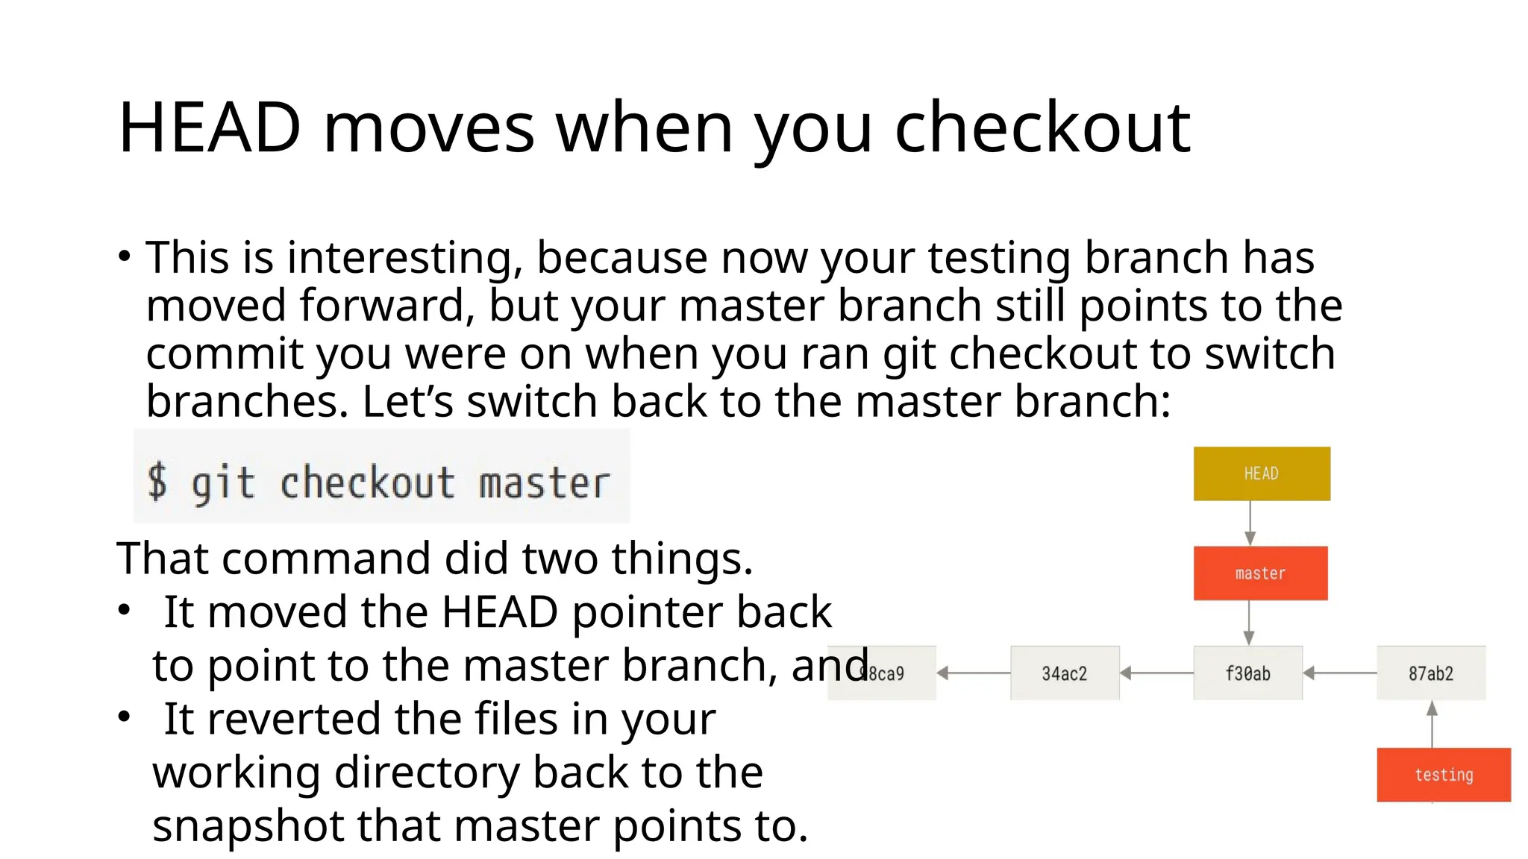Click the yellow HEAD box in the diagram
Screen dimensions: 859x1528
(1262, 473)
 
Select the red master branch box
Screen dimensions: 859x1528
(1260, 573)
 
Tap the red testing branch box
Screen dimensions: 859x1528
(1444, 775)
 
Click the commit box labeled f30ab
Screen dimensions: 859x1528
(1247, 673)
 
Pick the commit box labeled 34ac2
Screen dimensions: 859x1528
(1065, 673)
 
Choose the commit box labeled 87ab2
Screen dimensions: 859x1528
(1431, 673)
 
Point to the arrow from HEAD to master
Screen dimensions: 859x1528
(1250, 523)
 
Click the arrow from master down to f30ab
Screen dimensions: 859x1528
(1249, 623)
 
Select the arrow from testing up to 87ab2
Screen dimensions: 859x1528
(1432, 724)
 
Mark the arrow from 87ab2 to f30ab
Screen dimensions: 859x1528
(1340, 673)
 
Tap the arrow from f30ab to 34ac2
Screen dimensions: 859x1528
(1156, 673)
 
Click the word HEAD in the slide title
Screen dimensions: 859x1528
(210, 128)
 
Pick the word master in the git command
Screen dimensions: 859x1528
(544, 483)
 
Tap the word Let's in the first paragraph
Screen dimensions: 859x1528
(407, 402)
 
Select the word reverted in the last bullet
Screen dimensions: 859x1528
(295, 719)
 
